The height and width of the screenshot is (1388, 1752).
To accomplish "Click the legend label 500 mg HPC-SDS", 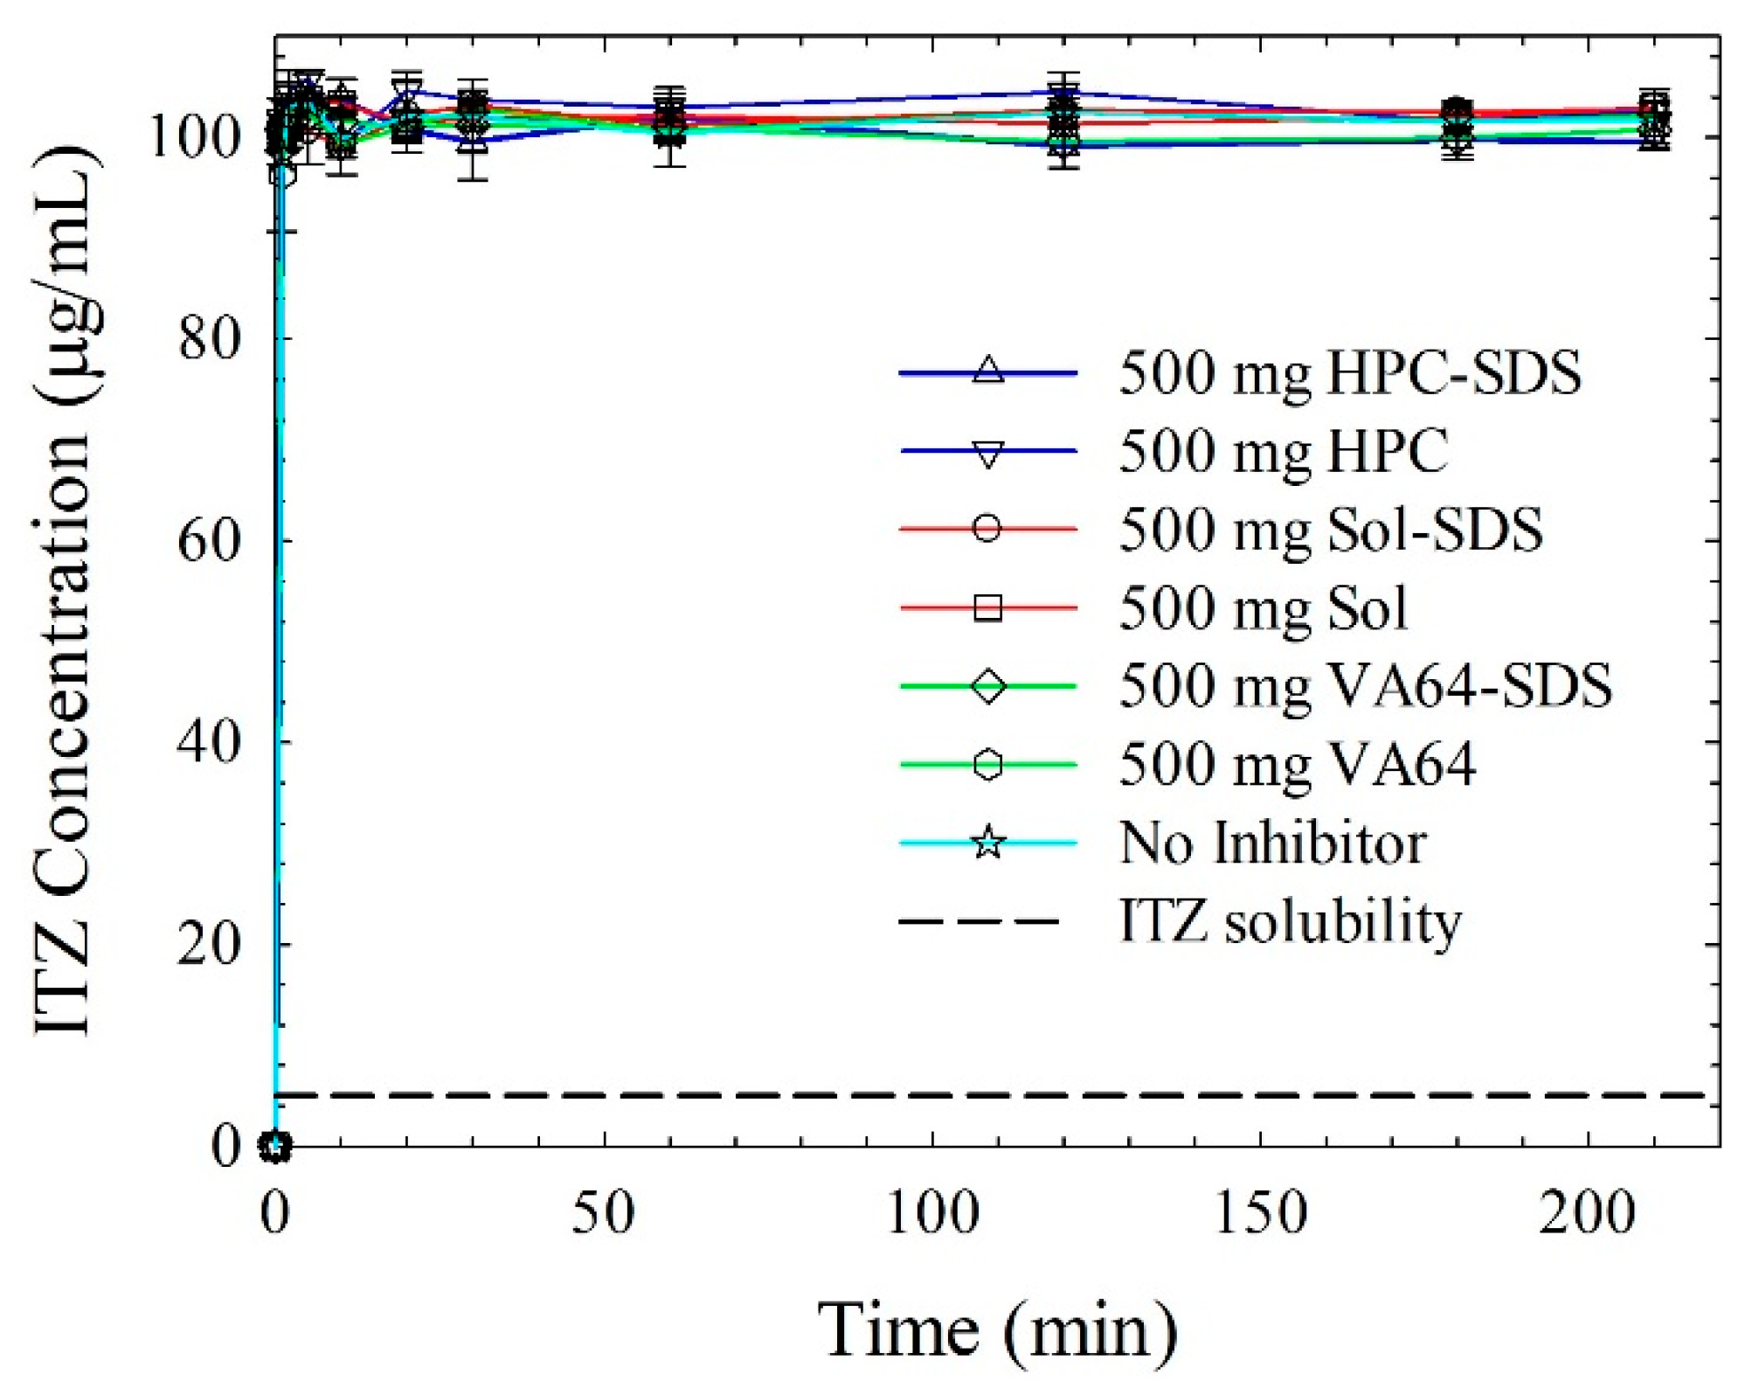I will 1349,373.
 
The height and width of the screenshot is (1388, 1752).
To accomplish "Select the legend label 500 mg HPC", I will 1283,452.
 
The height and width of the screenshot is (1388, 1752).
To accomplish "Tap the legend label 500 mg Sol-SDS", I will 1330,530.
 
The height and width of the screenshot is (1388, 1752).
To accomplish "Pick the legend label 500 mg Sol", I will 1263,608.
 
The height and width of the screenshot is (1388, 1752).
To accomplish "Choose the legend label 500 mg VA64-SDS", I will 1365,686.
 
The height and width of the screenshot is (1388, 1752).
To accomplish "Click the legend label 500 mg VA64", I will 1297,765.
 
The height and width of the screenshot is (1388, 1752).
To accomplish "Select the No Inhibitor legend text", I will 1272,843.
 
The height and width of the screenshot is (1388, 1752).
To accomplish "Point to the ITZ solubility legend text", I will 1290,922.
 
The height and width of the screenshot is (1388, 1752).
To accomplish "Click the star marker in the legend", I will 987,843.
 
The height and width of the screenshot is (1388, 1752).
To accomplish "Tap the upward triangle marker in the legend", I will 987,371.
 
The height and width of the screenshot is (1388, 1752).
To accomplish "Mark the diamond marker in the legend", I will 987,686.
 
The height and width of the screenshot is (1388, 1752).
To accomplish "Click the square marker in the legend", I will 987,607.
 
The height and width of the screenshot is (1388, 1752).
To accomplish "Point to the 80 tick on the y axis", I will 209,339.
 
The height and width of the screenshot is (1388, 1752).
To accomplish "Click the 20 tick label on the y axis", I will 209,945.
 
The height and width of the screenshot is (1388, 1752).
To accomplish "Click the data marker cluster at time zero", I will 276,1146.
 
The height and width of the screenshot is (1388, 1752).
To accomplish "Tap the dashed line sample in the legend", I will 979,922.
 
